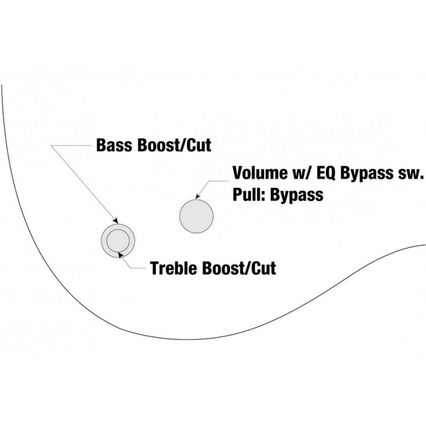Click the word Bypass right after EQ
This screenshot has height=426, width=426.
coord(367,174)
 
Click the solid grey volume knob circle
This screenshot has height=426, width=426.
coord(196,216)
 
